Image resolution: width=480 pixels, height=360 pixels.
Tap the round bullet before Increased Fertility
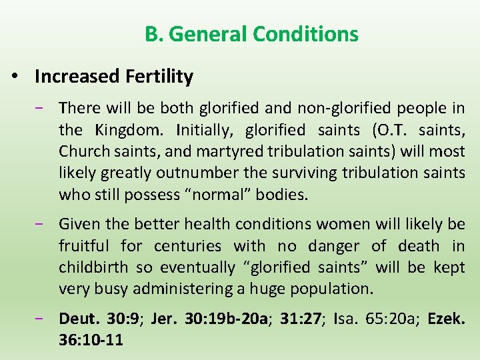[14, 77]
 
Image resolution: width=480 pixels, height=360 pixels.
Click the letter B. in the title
[154, 33]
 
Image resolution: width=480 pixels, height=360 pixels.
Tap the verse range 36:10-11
[91, 339]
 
